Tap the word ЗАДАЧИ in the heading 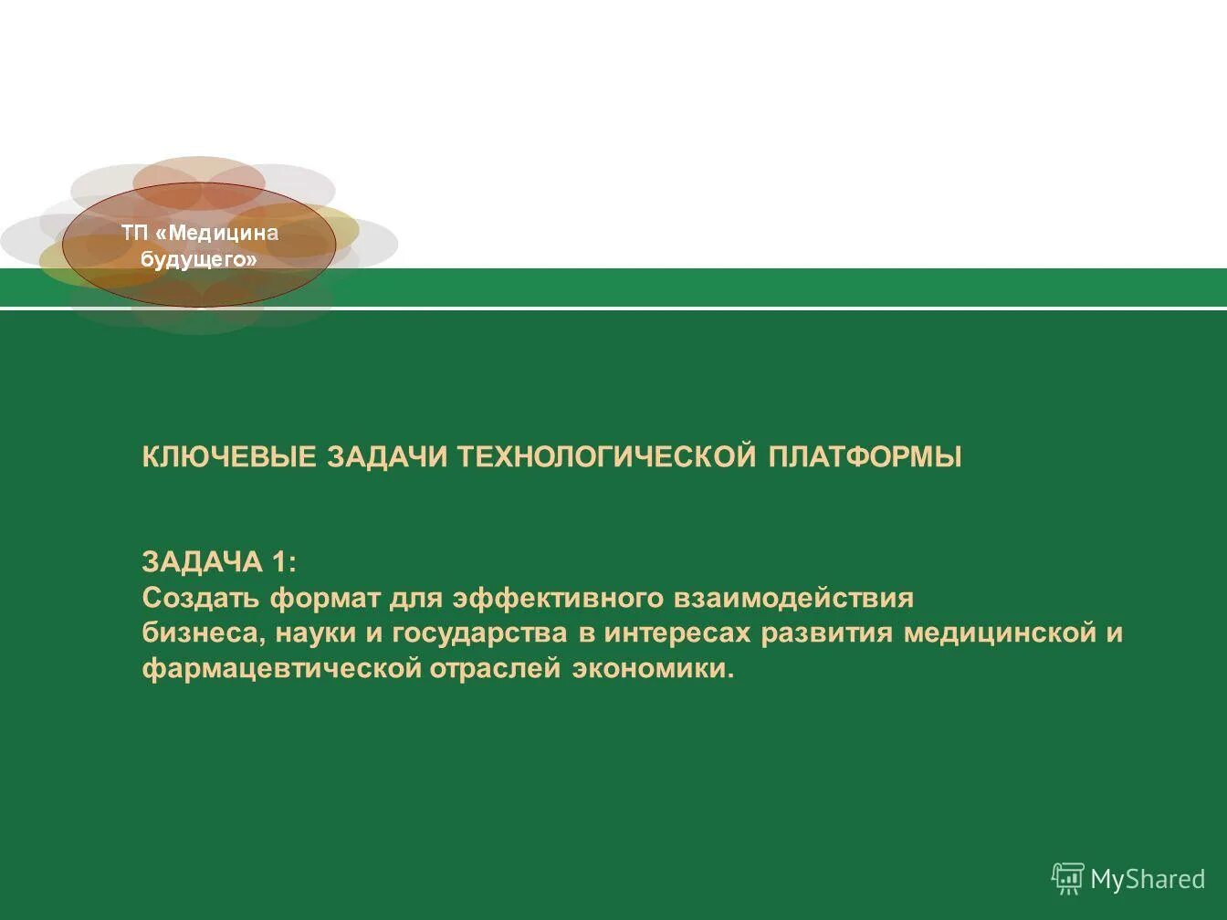click(387, 457)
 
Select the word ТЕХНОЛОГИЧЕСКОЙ click(607, 457)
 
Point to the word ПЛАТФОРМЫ click(865, 457)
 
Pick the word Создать click(201, 599)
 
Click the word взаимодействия click(793, 599)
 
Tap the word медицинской click(999, 634)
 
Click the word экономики click(653, 669)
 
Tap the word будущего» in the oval click(199, 259)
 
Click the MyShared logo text click(1148, 879)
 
